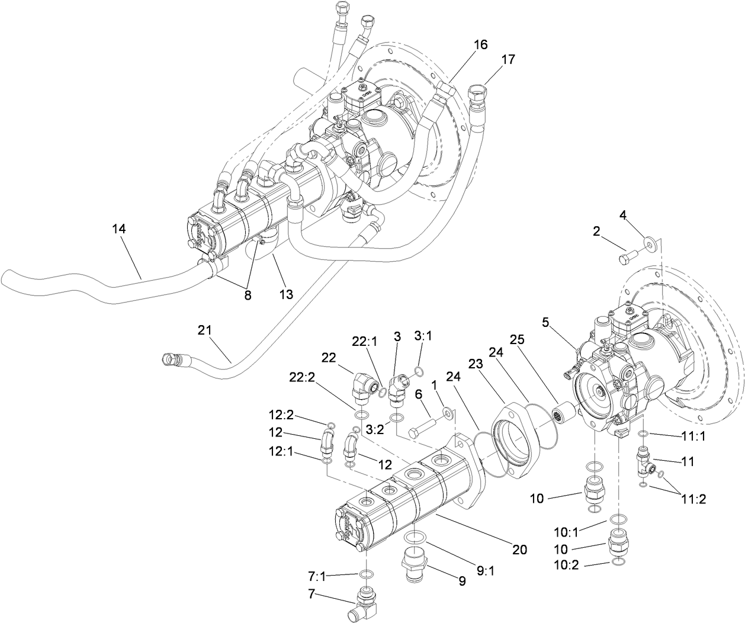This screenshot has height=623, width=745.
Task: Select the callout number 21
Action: coord(204,329)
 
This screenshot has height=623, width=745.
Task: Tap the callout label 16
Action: coord(480,44)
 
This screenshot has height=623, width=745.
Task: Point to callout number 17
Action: coord(508,59)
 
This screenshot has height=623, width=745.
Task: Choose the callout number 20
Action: coord(519,549)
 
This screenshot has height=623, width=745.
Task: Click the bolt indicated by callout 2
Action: coord(627,258)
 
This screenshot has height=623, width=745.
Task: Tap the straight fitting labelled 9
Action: coord(413,564)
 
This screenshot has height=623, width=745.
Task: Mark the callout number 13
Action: coord(286,293)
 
